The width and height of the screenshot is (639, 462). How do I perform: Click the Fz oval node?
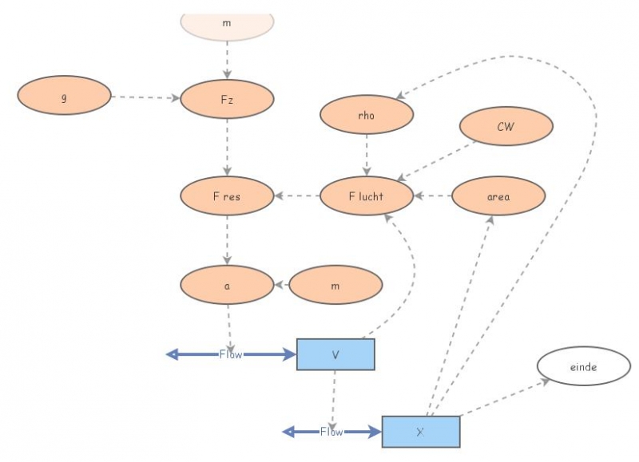pyautogui.click(x=227, y=99)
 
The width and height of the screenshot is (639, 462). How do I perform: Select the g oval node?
pyautogui.click(x=64, y=97)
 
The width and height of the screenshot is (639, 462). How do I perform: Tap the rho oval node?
pyautogui.click(x=367, y=115)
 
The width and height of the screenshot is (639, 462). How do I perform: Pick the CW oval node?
pyautogui.click(x=506, y=126)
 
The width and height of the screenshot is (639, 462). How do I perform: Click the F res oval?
pyautogui.click(x=227, y=196)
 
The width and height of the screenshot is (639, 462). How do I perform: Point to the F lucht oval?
pyautogui.click(x=367, y=196)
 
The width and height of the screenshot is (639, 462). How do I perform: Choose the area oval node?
pyautogui.click(x=498, y=196)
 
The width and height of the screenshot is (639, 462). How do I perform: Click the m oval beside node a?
pyautogui.click(x=335, y=285)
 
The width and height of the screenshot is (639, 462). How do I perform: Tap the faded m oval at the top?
pyautogui.click(x=227, y=24)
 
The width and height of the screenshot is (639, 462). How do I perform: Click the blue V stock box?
pyautogui.click(x=335, y=354)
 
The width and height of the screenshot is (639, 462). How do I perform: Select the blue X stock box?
pyautogui.click(x=420, y=432)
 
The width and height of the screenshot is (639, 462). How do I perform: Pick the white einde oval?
pyautogui.click(x=584, y=366)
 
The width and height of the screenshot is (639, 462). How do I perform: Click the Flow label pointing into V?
pyautogui.click(x=231, y=354)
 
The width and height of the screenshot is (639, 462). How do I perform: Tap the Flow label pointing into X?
pyautogui.click(x=331, y=432)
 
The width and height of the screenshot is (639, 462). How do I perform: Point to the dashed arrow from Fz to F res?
pyautogui.click(x=227, y=148)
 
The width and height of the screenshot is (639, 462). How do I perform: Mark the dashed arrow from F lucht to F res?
pyautogui.click(x=296, y=195)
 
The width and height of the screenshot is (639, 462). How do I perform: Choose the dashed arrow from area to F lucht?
pyautogui.click(x=433, y=195)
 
